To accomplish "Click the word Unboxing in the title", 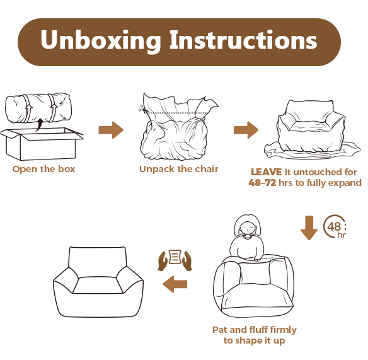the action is coord(100,40).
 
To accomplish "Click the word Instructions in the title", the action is coord(243,40).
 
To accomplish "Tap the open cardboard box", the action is coord(42,144).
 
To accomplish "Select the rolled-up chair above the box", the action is coord(38,108).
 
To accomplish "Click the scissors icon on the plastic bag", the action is coord(142,108).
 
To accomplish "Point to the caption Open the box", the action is coord(43,169).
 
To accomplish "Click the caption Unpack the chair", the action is coord(179,169).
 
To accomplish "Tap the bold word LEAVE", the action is coord(266,172).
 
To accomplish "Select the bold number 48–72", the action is coord(262,183).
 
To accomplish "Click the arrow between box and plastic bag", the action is coord(111,130).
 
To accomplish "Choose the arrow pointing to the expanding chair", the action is coord(246,130).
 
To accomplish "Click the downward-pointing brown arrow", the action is coord(309,228).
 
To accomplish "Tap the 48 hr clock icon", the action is coord(334,226).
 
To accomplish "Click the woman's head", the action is coord(248,226).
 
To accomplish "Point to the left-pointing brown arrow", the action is coord(175,284).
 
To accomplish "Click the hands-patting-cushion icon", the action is coord(175,260).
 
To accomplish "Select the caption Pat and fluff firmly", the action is coord(255,330).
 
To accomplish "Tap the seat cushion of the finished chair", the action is coord(98,285).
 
